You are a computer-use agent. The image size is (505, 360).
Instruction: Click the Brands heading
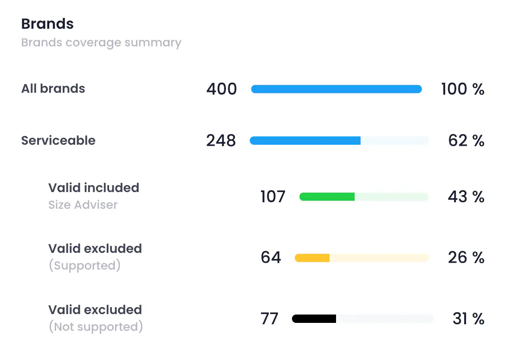tap(47, 24)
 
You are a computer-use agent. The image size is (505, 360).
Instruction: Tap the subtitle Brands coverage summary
tap(101, 43)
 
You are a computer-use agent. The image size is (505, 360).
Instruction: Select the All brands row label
tap(53, 89)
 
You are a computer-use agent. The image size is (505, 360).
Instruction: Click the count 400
tap(221, 89)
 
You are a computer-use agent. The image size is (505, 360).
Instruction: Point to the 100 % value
tap(462, 89)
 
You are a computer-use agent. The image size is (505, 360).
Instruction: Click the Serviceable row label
tap(58, 141)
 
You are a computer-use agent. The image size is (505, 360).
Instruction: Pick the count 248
tap(221, 141)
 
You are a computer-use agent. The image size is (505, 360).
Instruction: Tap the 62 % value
tap(466, 141)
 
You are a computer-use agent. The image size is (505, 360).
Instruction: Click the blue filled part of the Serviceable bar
tap(305, 141)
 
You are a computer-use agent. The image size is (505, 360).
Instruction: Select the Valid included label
tap(94, 188)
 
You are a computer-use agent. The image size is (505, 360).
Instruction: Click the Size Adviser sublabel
tap(83, 205)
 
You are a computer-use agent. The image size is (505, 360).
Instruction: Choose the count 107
tap(273, 197)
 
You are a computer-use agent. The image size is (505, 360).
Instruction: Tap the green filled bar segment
tap(327, 197)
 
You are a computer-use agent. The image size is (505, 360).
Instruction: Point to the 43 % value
tap(466, 197)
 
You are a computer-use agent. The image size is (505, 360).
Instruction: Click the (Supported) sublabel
tap(84, 265)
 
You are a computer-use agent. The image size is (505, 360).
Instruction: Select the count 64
tap(271, 257)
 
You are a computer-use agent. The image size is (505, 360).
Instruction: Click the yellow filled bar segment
tap(312, 257)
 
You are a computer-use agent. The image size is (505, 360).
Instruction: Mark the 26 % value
tap(466, 257)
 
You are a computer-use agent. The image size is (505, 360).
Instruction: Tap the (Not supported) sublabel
tap(96, 327)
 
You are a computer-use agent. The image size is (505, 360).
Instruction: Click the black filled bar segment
tap(314, 319)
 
